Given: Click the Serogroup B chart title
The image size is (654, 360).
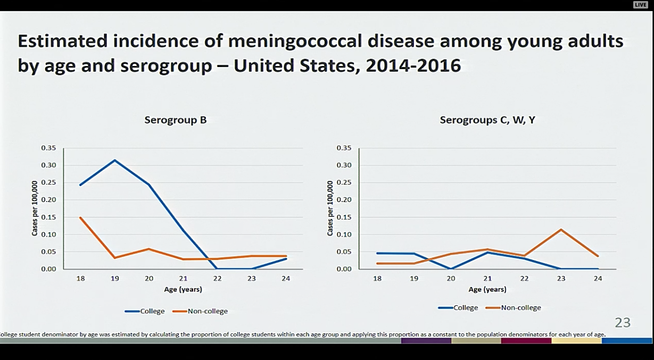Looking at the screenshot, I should [176, 120].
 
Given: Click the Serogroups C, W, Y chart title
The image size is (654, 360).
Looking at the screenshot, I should [487, 120].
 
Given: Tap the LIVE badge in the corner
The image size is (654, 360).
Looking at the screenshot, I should [640, 5].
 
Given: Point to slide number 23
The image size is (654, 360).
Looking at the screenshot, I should [623, 322].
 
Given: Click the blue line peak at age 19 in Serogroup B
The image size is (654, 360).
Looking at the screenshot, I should [115, 160].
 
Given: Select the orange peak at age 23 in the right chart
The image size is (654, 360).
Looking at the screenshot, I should [560, 230].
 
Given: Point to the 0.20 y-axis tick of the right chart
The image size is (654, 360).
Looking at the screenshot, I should [344, 200].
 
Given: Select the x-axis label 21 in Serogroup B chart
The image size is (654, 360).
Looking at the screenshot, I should [183, 279].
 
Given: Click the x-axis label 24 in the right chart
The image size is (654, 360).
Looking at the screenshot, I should [598, 279].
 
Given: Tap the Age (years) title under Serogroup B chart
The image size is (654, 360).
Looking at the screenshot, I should [183, 290].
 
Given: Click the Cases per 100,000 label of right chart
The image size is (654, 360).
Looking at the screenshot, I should [330, 208].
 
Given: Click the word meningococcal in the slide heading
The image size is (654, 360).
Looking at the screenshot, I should [254, 41].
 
